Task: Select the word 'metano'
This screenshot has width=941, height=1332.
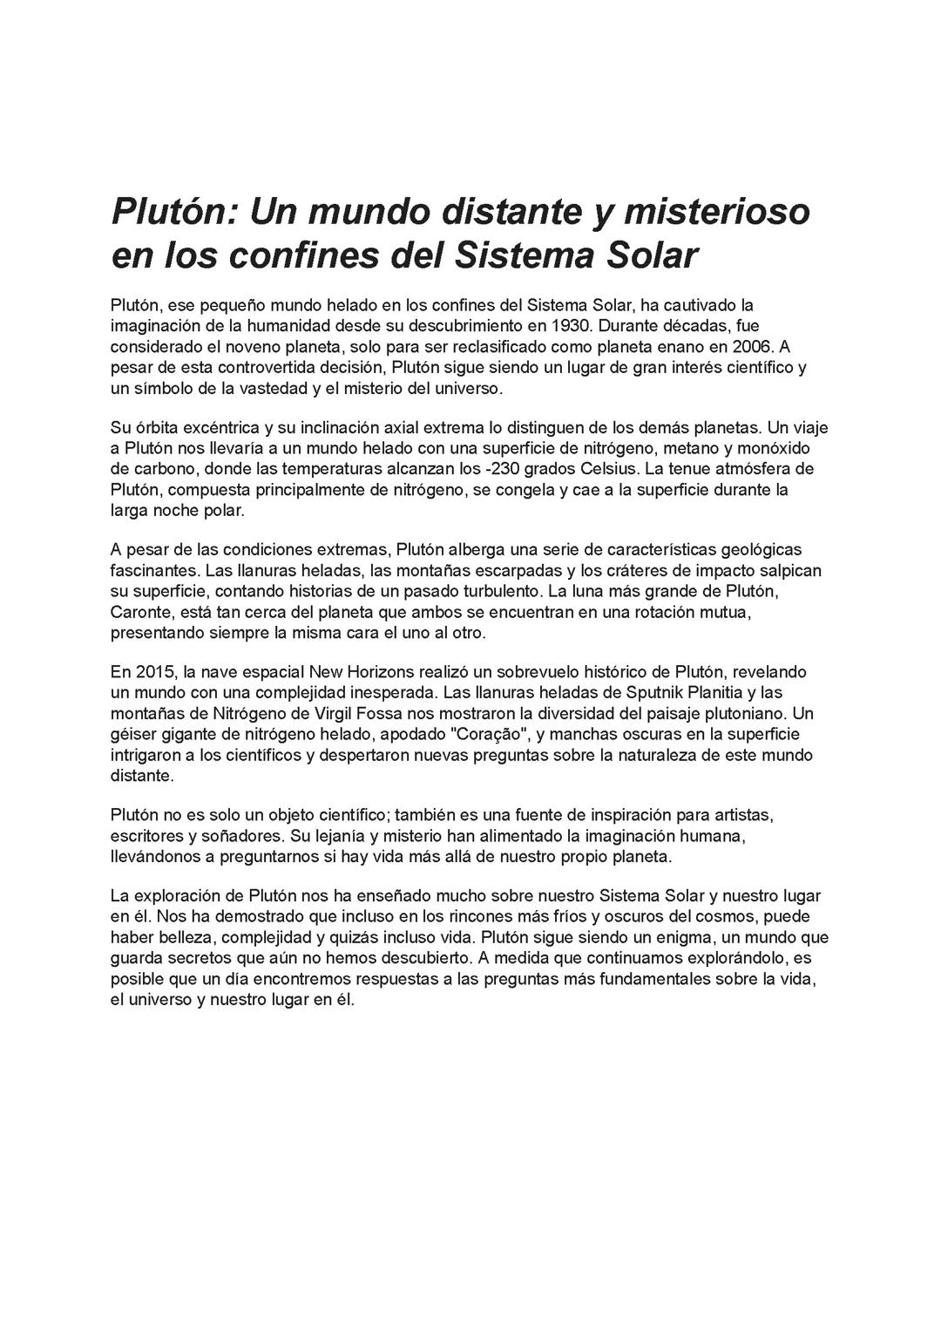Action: point(697,449)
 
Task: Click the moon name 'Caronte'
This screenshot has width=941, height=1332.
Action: point(140,612)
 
